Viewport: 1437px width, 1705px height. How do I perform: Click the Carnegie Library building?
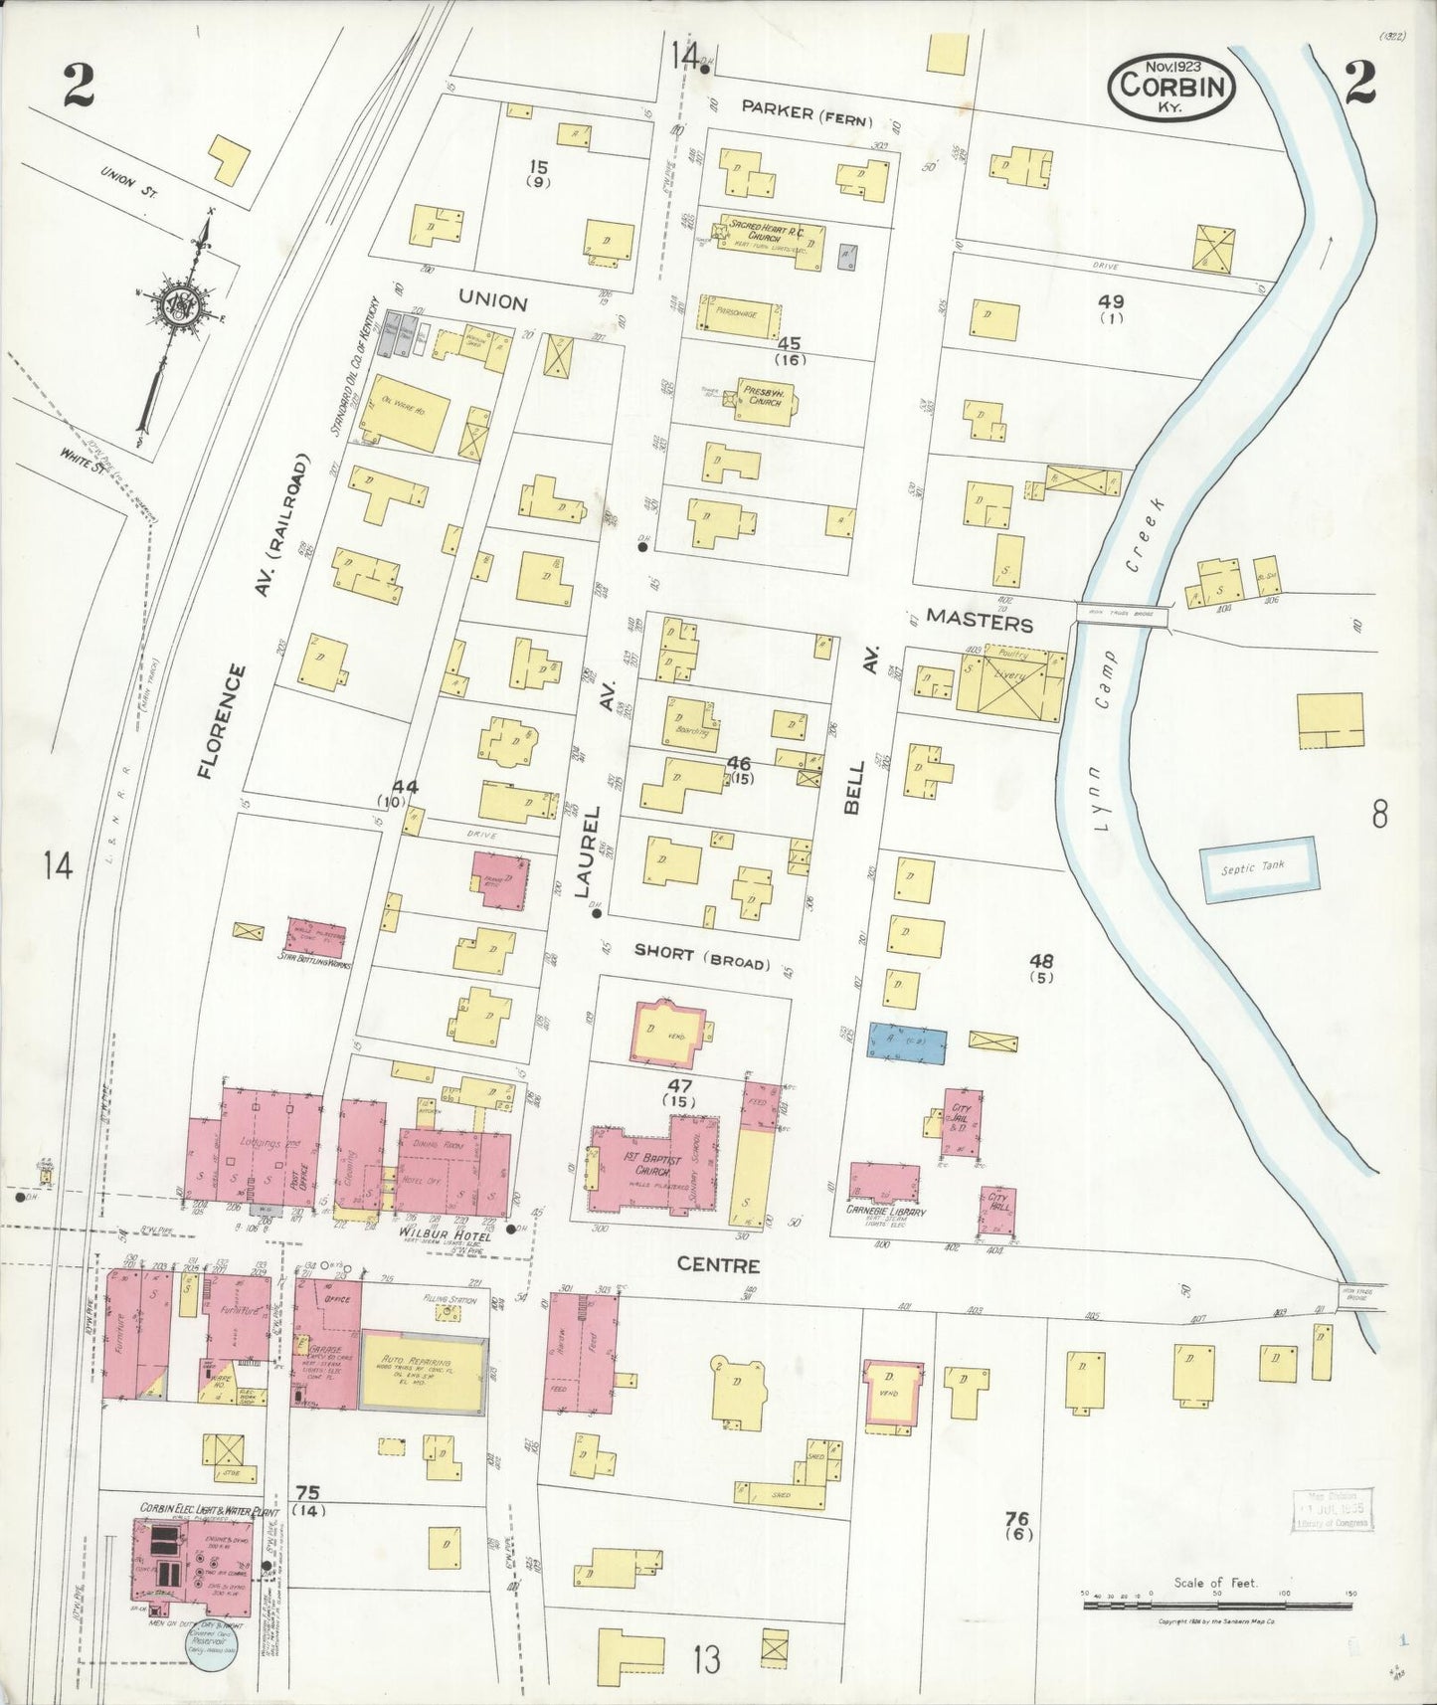tap(885, 1184)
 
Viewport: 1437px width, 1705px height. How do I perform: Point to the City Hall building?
tap(998, 1211)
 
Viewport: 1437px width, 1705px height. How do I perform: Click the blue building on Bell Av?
tap(905, 1042)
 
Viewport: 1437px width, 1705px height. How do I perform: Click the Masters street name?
tap(979, 624)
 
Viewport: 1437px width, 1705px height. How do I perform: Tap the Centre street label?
tap(718, 1265)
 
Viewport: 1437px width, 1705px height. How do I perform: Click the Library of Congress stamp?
tap(1334, 1509)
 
